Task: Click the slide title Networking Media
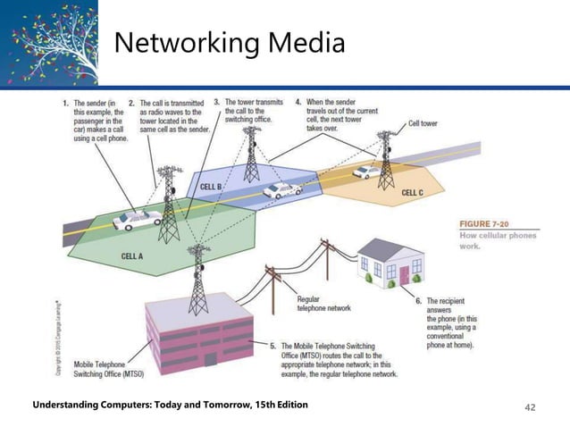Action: pos(230,42)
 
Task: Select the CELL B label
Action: pos(212,187)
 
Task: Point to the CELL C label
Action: pos(413,192)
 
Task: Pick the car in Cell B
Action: pos(282,189)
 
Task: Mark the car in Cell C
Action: pos(365,172)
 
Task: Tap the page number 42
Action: pos(530,406)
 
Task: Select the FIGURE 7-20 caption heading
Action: pos(487,223)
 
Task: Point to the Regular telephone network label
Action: pos(323,304)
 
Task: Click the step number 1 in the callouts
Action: pos(65,103)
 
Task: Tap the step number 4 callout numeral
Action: pos(298,103)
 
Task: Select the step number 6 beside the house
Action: pos(418,302)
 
